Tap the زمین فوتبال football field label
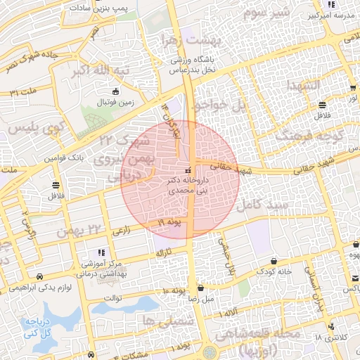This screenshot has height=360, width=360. click(116, 102)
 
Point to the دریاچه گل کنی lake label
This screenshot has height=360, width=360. click(41, 330)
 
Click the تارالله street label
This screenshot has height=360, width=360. click(162, 251)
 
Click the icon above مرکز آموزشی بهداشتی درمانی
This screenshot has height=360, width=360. click(101, 252)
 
